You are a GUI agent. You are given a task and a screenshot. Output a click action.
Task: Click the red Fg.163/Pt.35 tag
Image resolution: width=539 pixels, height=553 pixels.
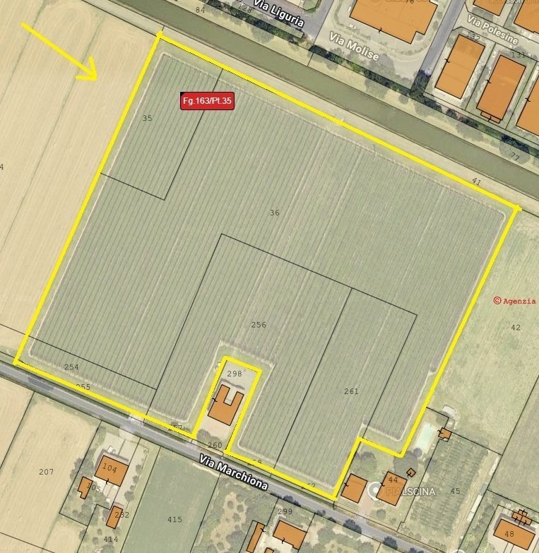click(207, 101)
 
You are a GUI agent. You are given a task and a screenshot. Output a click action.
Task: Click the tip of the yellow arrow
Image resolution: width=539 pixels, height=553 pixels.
click(95, 78)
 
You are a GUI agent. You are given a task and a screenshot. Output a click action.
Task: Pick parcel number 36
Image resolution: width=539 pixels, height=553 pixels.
click(275, 212)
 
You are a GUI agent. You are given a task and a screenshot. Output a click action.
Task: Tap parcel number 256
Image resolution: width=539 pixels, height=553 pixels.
click(259, 325)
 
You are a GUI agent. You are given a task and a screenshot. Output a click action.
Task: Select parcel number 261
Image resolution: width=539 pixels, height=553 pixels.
click(351, 391)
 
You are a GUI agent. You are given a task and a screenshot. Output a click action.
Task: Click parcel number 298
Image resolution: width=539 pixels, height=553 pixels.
click(235, 373)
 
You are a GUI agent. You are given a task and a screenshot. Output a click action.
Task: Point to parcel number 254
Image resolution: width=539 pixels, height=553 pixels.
click(71, 367)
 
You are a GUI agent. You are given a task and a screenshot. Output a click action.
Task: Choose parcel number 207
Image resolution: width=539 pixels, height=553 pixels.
click(47, 471)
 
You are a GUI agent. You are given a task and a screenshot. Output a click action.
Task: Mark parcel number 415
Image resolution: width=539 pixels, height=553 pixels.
click(174, 519)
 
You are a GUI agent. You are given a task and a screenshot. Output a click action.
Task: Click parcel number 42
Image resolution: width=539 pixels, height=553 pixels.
click(515, 327)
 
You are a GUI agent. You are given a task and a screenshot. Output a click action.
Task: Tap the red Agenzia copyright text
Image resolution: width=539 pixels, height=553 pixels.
click(515, 300)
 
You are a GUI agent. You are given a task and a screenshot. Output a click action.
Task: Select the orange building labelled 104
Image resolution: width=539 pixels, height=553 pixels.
click(112, 470)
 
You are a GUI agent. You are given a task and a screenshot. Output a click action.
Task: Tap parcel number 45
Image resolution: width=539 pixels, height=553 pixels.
click(455, 491)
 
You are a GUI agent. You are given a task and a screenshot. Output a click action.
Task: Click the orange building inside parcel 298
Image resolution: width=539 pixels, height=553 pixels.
click(227, 405)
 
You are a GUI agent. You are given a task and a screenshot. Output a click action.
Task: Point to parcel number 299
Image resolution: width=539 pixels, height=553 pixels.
click(285, 511)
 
